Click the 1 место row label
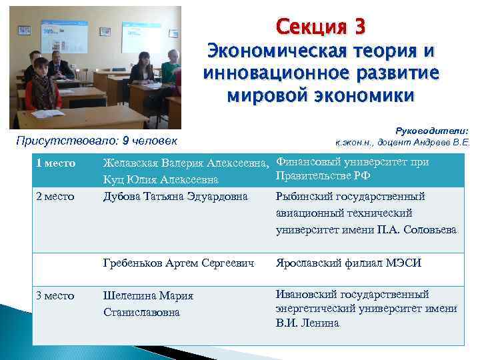55,163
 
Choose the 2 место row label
55,197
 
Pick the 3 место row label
55,296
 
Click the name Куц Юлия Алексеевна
161,180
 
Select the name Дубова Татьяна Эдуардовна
176,197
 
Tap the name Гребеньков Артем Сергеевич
179,263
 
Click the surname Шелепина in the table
131,296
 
